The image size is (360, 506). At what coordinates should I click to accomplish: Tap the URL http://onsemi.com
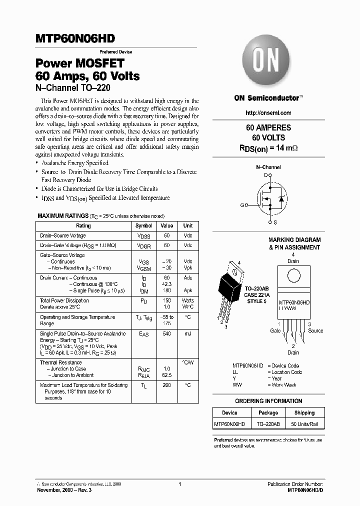coord(268,113)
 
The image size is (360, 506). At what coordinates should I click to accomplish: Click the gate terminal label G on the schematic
coord(242,205)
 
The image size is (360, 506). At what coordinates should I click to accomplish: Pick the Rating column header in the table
coord(83,225)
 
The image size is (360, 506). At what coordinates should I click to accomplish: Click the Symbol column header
coord(144,225)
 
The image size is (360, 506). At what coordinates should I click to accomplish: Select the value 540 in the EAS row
coord(166,334)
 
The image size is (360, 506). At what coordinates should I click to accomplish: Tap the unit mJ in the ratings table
coord(187,334)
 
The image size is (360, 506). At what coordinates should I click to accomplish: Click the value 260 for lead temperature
coord(166,385)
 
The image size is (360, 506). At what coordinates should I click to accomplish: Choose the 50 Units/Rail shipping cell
coord(304,424)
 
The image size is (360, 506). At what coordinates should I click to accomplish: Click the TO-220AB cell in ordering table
coord(268,424)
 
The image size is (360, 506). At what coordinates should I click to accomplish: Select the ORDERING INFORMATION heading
coord(268,401)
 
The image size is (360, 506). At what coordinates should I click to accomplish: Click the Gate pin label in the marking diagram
coord(275,330)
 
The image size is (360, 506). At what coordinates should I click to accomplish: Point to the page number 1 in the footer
coord(179,484)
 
